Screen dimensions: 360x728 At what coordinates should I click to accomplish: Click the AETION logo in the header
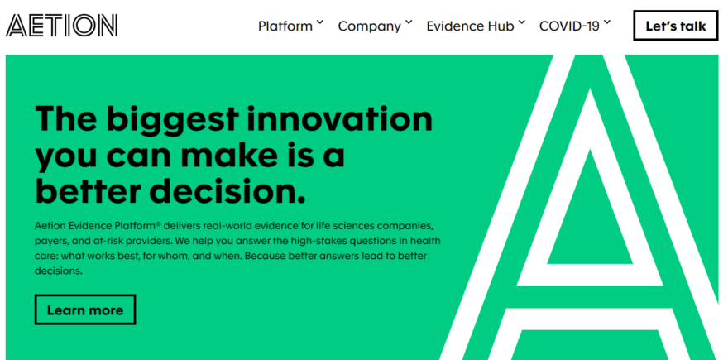click(x=61, y=26)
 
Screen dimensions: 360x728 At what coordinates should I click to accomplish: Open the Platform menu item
click(x=285, y=26)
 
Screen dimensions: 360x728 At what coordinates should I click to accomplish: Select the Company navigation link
click(x=369, y=26)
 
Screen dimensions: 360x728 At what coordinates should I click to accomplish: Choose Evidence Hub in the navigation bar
click(x=470, y=26)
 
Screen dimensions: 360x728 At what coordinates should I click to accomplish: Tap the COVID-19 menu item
click(x=569, y=26)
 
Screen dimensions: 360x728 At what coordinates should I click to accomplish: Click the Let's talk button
click(x=676, y=26)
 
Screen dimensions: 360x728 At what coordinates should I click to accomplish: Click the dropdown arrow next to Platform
click(x=320, y=22)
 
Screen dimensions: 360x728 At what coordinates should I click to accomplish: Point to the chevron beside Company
click(x=408, y=22)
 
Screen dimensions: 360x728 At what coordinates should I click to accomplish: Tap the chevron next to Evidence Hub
click(x=521, y=22)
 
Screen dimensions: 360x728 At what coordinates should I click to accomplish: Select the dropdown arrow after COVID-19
click(x=607, y=22)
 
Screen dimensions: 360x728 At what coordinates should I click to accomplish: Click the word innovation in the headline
click(x=341, y=119)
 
